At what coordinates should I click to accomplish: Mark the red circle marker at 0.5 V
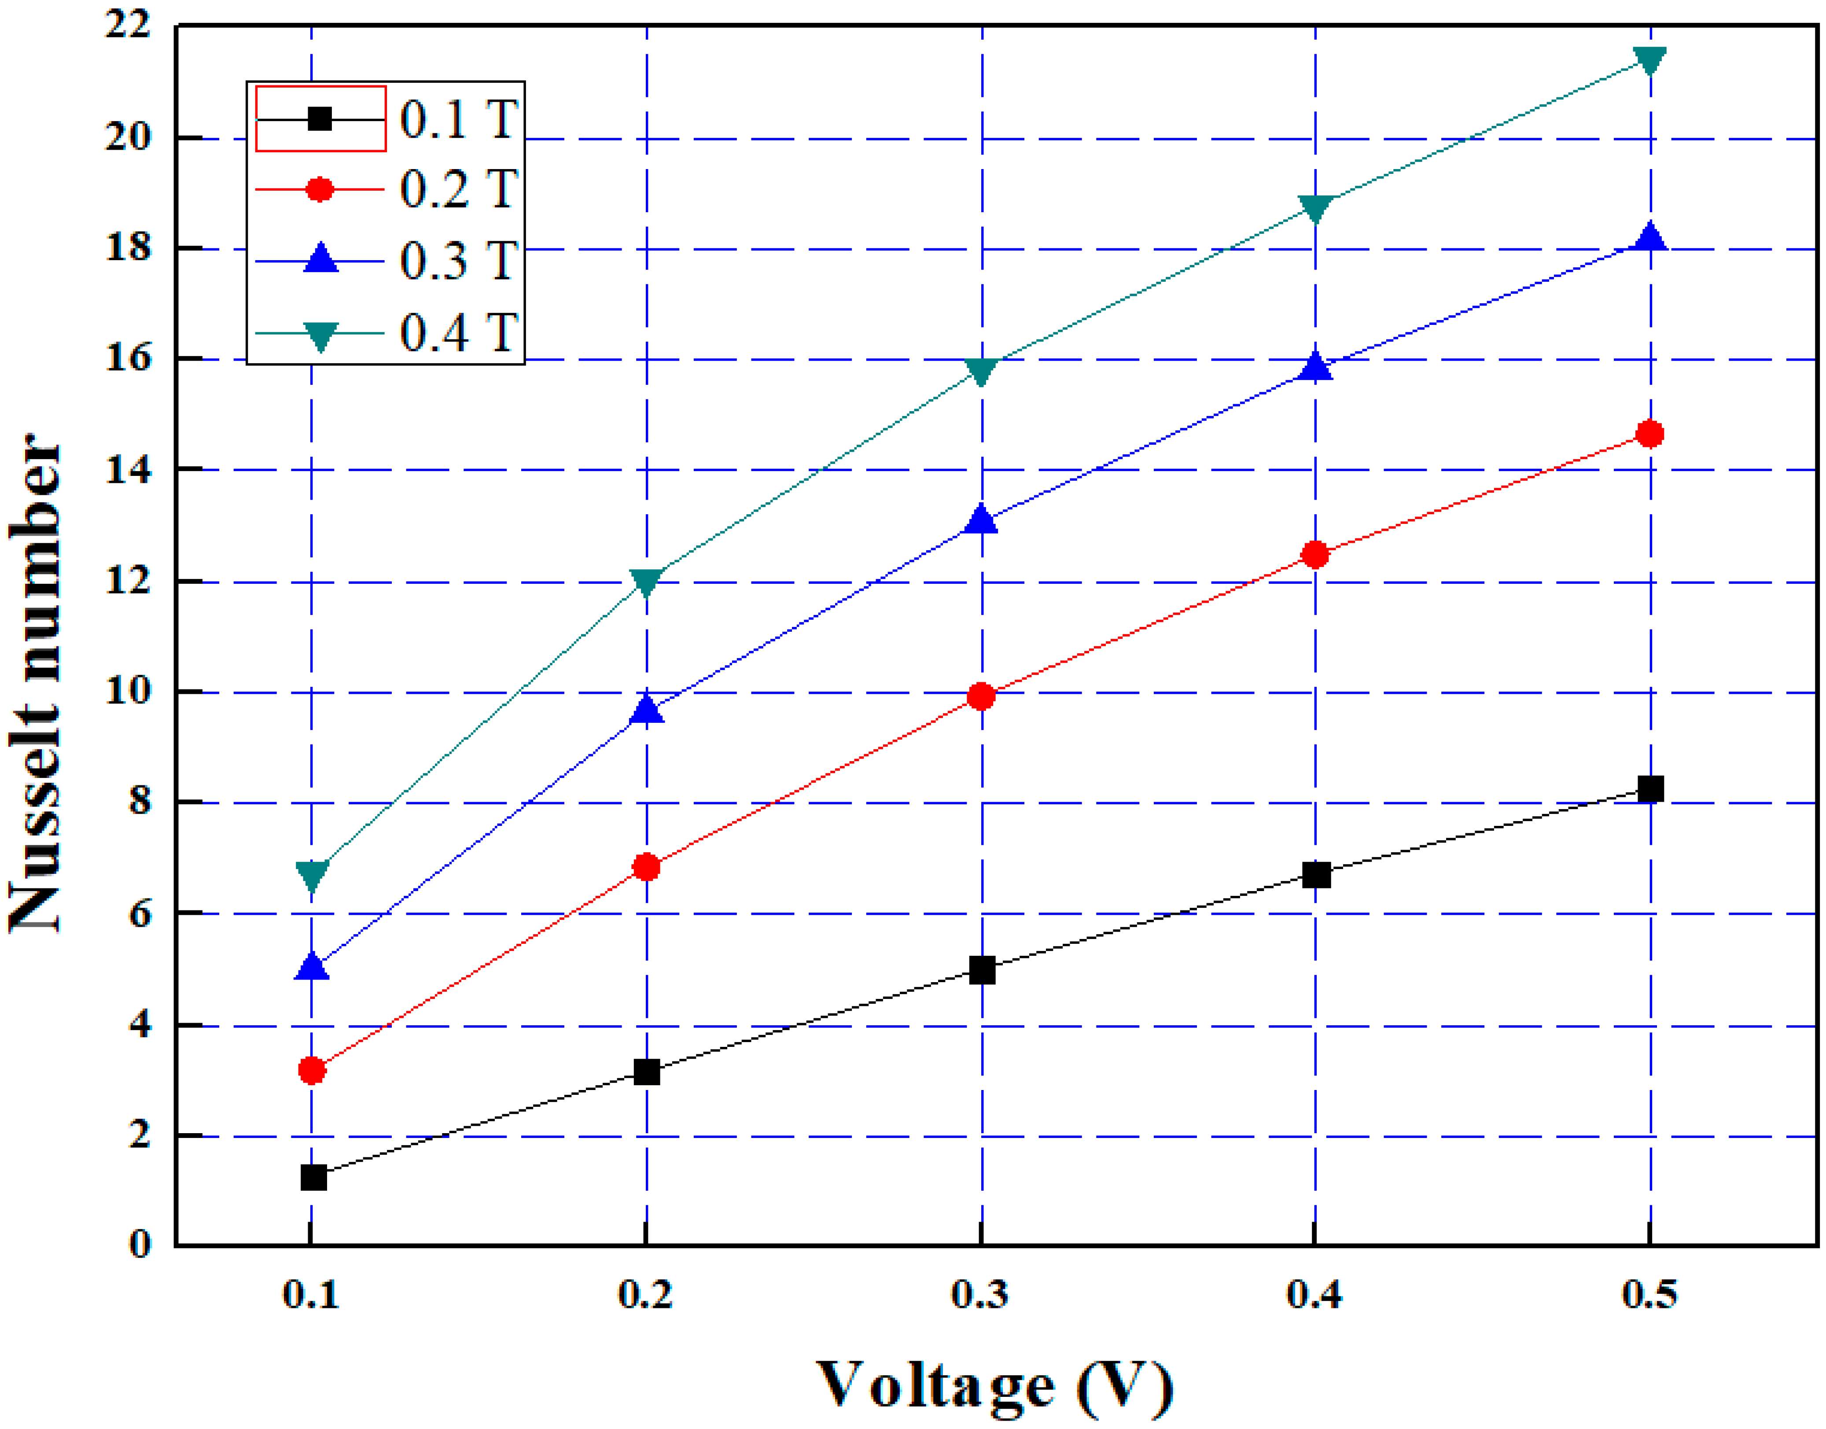(1649, 433)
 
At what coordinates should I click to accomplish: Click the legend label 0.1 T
(458, 119)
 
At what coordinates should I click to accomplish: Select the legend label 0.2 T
(458, 189)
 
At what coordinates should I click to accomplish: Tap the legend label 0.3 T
(458, 261)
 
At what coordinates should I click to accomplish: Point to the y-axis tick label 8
(139, 802)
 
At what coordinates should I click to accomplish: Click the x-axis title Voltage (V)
(994, 1385)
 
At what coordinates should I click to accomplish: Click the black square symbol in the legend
(320, 119)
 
